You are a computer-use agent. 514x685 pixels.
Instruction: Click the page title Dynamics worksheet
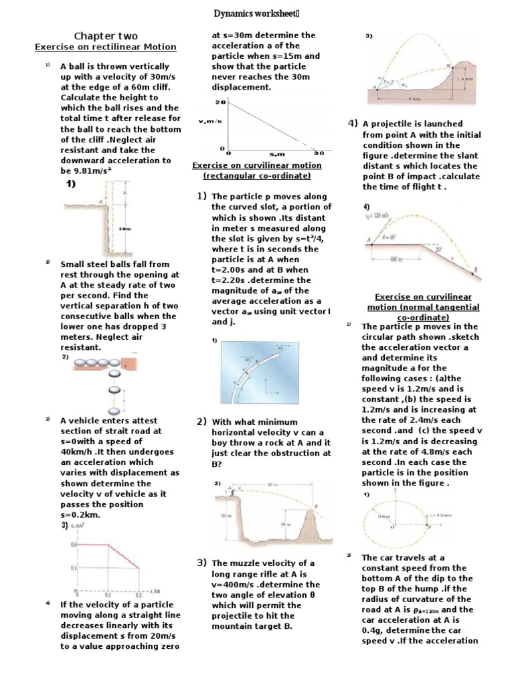(256, 13)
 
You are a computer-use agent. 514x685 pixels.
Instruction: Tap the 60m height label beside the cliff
(124, 229)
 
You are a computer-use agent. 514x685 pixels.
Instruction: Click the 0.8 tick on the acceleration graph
(74, 545)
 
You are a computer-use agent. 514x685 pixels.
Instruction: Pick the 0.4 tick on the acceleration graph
(74, 569)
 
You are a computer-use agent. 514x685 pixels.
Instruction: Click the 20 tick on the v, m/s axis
(220, 102)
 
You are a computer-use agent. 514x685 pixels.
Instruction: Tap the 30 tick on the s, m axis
(319, 153)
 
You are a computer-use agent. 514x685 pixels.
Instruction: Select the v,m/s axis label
(210, 121)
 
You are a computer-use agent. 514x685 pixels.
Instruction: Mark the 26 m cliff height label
(224, 515)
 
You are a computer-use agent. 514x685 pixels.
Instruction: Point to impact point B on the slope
(475, 270)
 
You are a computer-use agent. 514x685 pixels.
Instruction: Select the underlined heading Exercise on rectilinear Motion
(105, 47)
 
